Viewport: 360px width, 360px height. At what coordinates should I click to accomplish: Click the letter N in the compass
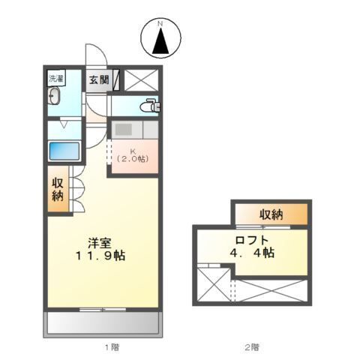pyautogui.click(x=160, y=25)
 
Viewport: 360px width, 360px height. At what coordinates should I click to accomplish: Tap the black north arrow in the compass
pyautogui.click(x=160, y=43)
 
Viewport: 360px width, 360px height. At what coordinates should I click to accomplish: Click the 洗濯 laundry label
pyautogui.click(x=57, y=79)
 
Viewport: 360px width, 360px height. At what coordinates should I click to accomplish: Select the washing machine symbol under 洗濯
pyautogui.click(x=55, y=97)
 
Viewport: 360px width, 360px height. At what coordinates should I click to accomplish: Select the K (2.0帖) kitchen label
pyautogui.click(x=133, y=154)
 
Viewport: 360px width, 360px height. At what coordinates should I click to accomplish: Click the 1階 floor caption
pyautogui.click(x=111, y=346)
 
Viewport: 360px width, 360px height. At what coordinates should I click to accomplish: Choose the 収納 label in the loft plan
pyautogui.click(x=271, y=215)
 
